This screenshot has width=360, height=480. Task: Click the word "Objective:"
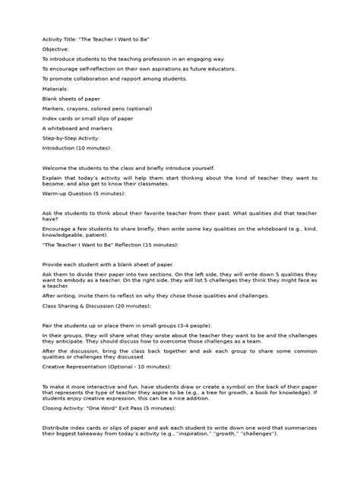pos(55,48)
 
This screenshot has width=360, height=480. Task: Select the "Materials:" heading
pos(55,88)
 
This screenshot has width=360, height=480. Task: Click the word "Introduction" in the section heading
pos(59,148)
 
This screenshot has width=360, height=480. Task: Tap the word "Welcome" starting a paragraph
pos(55,168)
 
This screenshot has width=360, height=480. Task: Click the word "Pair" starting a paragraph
pos(47,324)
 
